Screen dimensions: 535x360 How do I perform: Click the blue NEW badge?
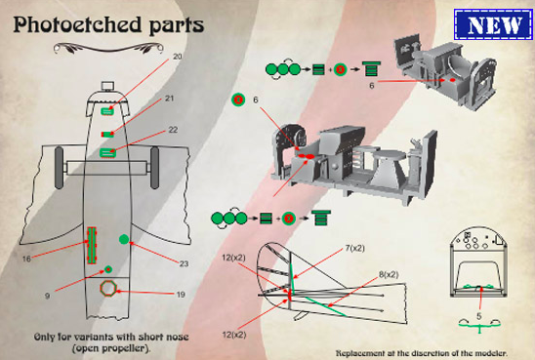pyautogui.click(x=493, y=24)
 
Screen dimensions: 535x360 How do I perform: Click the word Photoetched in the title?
pyautogui.click(x=77, y=24)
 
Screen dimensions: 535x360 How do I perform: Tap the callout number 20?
pyautogui.click(x=177, y=57)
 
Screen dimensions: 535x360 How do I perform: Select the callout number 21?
pyautogui.click(x=169, y=99)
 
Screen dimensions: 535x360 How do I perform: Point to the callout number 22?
pyautogui.click(x=173, y=130)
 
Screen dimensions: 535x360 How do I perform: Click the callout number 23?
pyautogui.click(x=184, y=263)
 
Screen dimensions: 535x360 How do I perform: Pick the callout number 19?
pyautogui.click(x=181, y=295)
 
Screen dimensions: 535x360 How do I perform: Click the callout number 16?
pyautogui.click(x=26, y=259)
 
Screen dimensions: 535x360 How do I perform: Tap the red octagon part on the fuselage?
pyautogui.click(x=108, y=289)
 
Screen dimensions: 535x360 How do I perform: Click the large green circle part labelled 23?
pyautogui.click(x=124, y=239)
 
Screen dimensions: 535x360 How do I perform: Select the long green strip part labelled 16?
pyautogui.click(x=92, y=246)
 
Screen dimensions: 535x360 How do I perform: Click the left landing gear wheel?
pyautogui.click(x=59, y=168)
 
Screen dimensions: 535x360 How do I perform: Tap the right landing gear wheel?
pyautogui.click(x=155, y=168)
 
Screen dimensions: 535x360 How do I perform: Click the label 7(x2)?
pyautogui.click(x=354, y=248)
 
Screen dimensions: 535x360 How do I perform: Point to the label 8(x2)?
pyautogui.click(x=389, y=274)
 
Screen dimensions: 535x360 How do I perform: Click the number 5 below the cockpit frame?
pyautogui.click(x=478, y=316)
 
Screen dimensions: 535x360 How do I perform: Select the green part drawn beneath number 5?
pyautogui.click(x=479, y=325)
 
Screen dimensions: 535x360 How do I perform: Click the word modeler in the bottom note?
pyautogui.click(x=491, y=353)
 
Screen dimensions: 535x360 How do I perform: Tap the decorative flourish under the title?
pyautogui.click(x=108, y=48)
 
